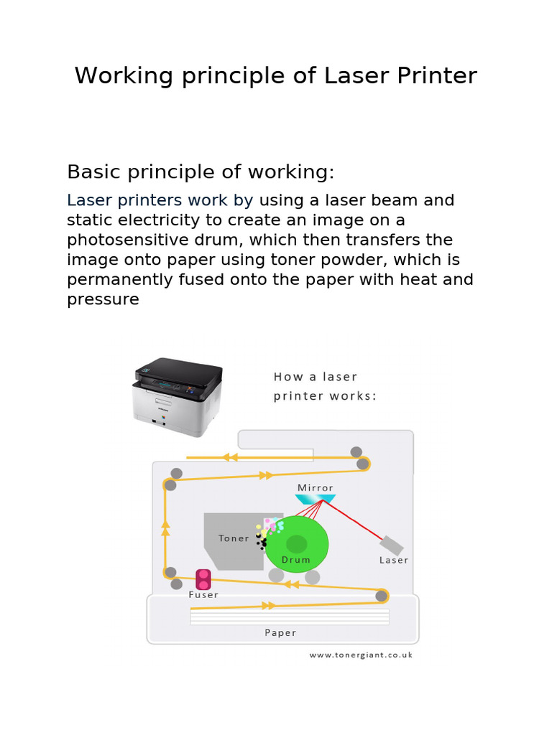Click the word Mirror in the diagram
316,488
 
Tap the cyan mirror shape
316,498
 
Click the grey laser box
392,545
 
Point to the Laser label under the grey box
393,560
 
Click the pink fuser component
203,579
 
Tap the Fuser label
203,594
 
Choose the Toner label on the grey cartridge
234,538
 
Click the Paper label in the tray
280,632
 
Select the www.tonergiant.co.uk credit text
361,655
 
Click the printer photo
178,396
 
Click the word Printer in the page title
438,76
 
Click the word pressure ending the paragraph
103,299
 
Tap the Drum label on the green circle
296,560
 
